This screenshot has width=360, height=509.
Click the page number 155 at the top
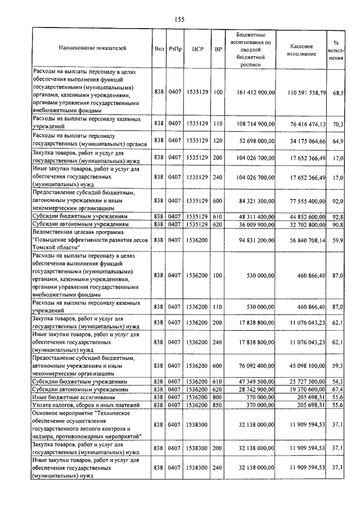(179, 20)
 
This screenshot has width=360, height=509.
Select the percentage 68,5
(337, 91)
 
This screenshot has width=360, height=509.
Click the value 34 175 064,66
(308, 140)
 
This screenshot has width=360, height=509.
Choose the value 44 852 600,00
(308, 216)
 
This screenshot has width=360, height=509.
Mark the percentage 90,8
(337, 224)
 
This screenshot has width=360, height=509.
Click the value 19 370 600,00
(308, 389)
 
